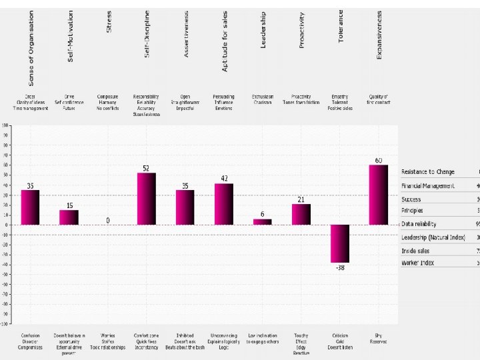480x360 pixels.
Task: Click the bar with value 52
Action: coord(146,199)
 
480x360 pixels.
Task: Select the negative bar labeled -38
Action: coord(340,243)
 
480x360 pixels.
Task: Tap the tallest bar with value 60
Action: coord(379,195)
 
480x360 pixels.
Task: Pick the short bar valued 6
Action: coord(263,221)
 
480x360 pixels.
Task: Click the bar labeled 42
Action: coord(224,204)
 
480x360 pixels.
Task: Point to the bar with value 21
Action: coord(301,214)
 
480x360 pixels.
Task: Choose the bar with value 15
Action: coord(69,217)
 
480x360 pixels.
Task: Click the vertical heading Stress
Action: coord(109,21)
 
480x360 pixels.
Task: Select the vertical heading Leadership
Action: coord(263,30)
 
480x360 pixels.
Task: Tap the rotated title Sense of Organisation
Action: coord(31,48)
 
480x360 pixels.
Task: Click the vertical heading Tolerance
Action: coord(341,27)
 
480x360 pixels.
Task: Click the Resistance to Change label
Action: coord(428,173)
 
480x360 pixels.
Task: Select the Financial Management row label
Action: coord(428,186)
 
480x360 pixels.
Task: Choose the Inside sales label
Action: coord(416,251)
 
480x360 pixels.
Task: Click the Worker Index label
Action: coord(418,263)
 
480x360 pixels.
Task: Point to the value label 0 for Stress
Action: coord(108,220)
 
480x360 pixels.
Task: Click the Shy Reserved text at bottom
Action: coord(378,339)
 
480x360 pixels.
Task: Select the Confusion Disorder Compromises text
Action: coord(31,341)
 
